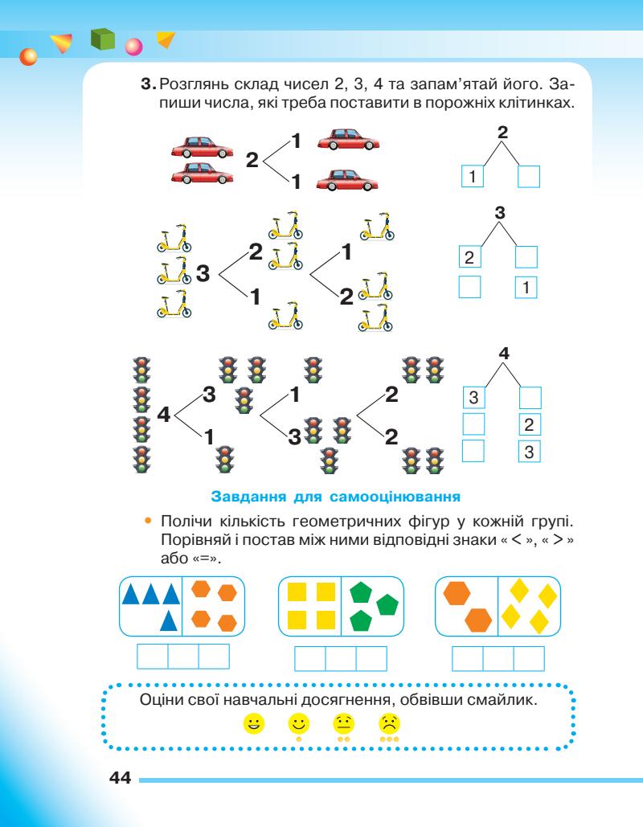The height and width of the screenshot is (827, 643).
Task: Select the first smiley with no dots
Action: [255, 724]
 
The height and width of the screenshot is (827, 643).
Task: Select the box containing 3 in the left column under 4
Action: [474, 397]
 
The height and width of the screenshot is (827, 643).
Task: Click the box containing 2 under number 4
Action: [530, 424]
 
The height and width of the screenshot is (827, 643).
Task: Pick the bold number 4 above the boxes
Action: [503, 353]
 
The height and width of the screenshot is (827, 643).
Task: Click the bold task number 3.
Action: [146, 84]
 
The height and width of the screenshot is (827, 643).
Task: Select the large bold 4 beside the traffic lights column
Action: [163, 416]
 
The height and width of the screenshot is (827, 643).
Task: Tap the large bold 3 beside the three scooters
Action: [203, 274]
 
